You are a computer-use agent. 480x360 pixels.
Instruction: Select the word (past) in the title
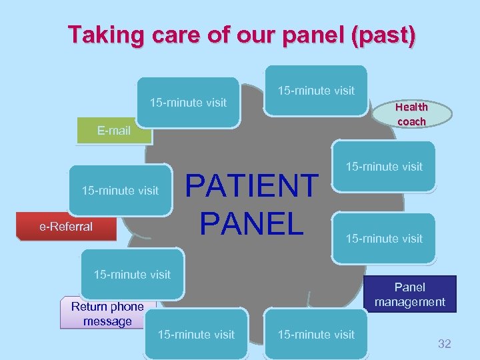coord(383,34)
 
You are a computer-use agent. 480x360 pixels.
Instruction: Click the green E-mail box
coord(114,131)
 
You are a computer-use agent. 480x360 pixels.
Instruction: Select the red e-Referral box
coord(66,227)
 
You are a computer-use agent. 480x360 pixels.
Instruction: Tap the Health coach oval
coord(411,113)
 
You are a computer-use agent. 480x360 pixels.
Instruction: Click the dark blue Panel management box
coord(410,295)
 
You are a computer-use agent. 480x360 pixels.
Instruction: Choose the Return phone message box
coord(107,313)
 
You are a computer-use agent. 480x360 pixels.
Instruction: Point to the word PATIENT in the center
coord(251,185)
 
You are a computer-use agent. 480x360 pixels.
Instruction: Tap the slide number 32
coord(444,344)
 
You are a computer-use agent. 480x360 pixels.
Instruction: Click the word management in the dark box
coord(410,302)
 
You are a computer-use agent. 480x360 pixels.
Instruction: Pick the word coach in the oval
coord(411,121)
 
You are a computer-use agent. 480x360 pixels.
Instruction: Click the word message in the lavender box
coord(107,321)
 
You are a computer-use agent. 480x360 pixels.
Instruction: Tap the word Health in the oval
coord(411,107)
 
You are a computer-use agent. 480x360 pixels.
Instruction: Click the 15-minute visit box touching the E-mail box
coord(188,102)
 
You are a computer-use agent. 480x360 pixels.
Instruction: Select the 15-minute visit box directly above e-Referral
coord(120,191)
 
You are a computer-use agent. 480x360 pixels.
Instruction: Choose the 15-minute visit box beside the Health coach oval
coord(316,90)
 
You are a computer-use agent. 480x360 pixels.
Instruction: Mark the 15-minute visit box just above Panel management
coord(384,238)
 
